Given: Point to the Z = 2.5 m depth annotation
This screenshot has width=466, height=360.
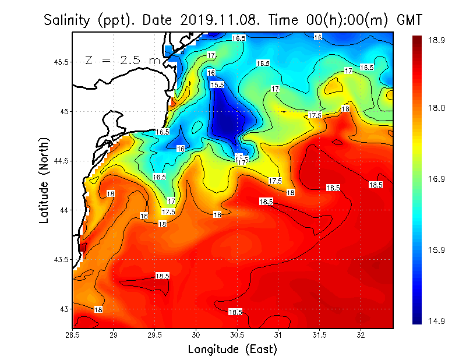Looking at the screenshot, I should point(121,60).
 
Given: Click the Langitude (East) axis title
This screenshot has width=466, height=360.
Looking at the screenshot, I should point(232,349).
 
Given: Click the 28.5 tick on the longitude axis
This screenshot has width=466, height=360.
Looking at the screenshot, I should point(73,335).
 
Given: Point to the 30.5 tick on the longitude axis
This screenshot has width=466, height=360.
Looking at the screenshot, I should point(237,335).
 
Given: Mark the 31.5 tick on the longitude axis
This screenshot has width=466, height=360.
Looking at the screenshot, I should point(319,335).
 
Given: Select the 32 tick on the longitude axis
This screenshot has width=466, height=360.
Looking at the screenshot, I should point(361,335).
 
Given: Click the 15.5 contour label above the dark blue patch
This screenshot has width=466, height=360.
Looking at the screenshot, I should point(217,85).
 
